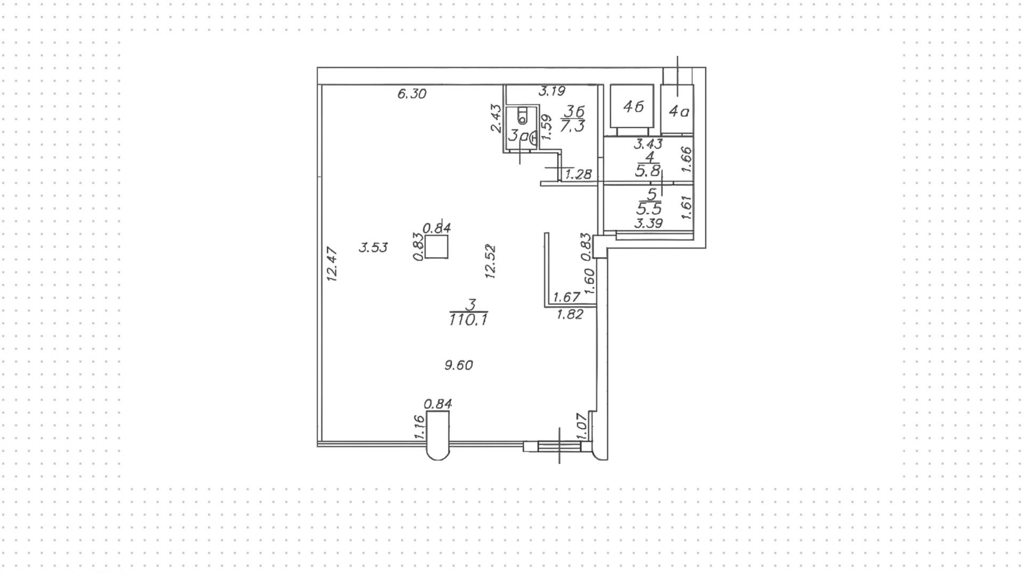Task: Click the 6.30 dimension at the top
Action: tap(412, 94)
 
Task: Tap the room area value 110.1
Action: tap(468, 320)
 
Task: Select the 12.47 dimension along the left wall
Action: tap(332, 264)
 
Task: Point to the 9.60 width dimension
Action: tap(459, 365)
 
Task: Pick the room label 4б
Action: tap(633, 107)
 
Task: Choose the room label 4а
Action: tap(679, 112)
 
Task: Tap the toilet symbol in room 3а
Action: tap(522, 117)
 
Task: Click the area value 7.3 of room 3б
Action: tap(573, 126)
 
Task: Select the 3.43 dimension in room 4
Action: tap(647, 144)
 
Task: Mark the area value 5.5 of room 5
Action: tap(648, 209)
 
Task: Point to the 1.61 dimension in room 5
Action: tap(686, 207)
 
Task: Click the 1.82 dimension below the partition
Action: tap(570, 315)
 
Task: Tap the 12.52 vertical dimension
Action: tap(491, 261)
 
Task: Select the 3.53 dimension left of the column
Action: tap(373, 248)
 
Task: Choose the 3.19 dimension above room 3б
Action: tap(551, 92)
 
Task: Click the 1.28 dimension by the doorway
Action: tap(578, 174)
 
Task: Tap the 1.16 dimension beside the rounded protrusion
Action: tap(419, 427)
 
